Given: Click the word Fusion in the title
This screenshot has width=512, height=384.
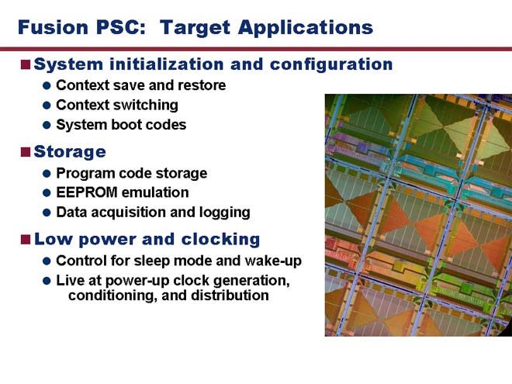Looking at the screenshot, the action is [x=54, y=27].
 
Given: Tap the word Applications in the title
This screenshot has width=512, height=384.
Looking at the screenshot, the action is [x=306, y=28].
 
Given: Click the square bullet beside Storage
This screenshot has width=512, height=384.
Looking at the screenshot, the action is [x=26, y=152].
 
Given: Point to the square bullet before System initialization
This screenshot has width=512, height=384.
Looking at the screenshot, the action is [x=26, y=64].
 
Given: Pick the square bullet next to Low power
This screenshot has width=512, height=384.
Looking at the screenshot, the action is [x=26, y=240].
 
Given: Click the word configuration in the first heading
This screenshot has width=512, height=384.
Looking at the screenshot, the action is [x=331, y=64].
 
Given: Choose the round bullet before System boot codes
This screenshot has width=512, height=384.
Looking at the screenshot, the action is [x=47, y=125].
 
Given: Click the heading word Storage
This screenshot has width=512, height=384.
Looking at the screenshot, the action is [x=70, y=152].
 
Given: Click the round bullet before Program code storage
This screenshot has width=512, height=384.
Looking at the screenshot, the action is [x=47, y=174].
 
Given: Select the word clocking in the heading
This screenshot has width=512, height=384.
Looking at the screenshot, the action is [x=220, y=240].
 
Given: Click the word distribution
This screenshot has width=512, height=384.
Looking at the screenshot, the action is [x=230, y=296].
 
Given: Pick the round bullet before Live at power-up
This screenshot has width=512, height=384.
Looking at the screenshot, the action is [x=47, y=281].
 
